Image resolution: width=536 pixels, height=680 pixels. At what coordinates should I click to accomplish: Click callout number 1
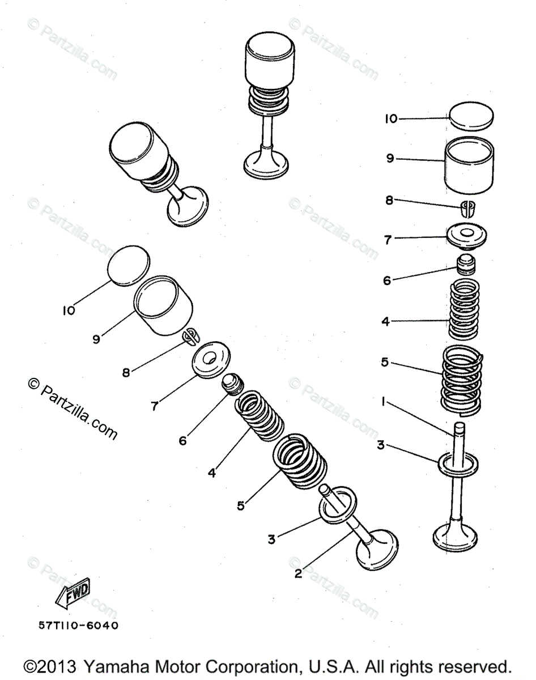pos(384,402)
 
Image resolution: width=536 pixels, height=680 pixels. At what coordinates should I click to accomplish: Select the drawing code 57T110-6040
pos(79,626)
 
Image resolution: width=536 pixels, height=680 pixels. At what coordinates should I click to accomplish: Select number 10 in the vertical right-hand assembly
pos(391,118)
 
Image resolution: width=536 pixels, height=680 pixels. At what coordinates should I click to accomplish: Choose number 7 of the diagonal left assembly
pos(155,405)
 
